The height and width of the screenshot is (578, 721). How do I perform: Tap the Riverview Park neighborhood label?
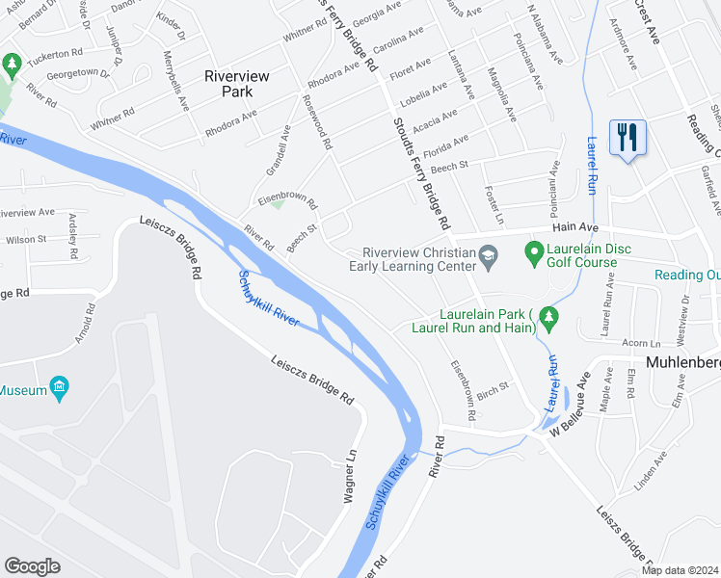(228, 83)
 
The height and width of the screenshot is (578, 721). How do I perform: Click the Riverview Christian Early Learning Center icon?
(489, 254)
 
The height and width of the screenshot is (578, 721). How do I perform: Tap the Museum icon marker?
(60, 390)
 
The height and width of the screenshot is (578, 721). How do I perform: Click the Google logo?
(32, 565)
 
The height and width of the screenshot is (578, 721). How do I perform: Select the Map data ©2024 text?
(680, 570)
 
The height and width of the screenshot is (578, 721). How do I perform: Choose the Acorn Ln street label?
(641, 343)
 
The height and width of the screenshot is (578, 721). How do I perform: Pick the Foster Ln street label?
(494, 205)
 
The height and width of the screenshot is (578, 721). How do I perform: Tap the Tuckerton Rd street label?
(56, 53)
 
